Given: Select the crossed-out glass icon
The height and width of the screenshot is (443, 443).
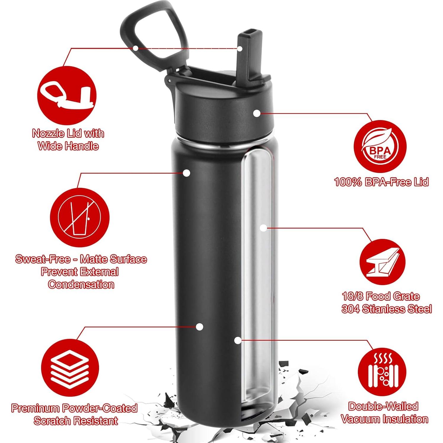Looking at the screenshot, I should pyautogui.click(x=80, y=217).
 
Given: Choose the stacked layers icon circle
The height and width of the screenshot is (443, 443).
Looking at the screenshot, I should pyautogui.click(x=70, y=369).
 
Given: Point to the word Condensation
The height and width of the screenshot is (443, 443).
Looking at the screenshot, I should pyautogui.click(x=81, y=284).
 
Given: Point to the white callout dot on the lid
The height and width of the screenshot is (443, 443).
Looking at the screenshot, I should pyautogui.click(x=257, y=113).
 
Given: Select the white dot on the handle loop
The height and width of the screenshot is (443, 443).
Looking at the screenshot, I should pyautogui.click(x=135, y=48).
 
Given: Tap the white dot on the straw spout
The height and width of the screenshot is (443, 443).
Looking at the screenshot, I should pyautogui.click(x=240, y=48).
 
